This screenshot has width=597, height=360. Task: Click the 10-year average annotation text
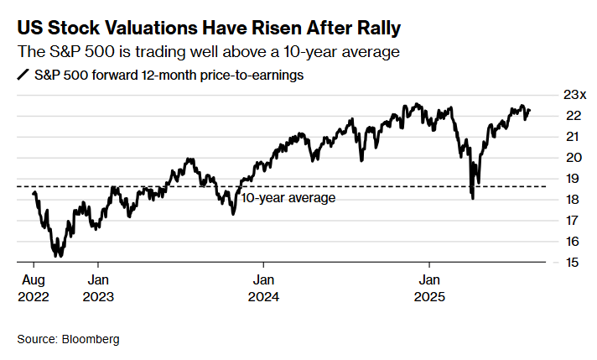[288, 198]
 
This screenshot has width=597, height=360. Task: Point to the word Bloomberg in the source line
[91, 339]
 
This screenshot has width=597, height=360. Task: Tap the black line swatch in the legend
[23, 75]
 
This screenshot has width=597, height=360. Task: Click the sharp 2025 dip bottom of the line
[473, 198]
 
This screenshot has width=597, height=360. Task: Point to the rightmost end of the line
[529, 111]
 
